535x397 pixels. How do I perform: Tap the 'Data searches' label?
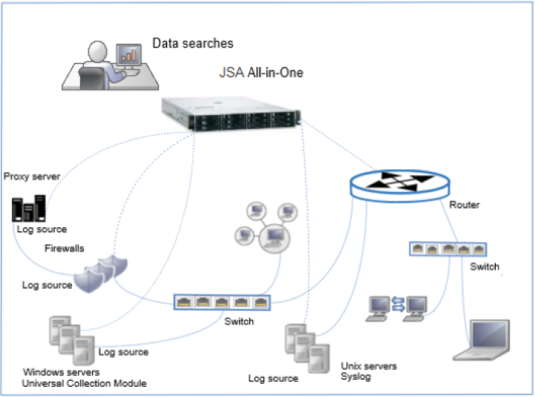192,44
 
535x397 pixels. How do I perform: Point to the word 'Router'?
465,205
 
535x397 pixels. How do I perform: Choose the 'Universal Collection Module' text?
85,384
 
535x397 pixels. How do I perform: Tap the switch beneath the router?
448,249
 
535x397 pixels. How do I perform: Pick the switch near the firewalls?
222,302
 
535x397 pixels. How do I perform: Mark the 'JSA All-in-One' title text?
260,73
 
